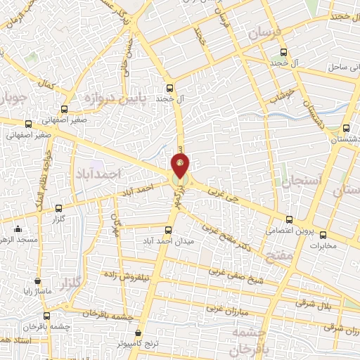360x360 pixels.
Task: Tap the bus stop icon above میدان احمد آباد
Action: [x=168, y=230]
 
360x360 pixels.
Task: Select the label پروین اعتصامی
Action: [x=286, y=230]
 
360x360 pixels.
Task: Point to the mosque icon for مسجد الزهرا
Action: [x=18, y=229]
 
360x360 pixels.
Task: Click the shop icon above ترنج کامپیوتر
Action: [x=138, y=332]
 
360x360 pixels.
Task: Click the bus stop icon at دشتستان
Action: [x=345, y=128]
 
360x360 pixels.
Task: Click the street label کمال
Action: [x=46, y=85]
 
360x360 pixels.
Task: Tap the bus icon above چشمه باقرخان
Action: [x=46, y=316]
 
